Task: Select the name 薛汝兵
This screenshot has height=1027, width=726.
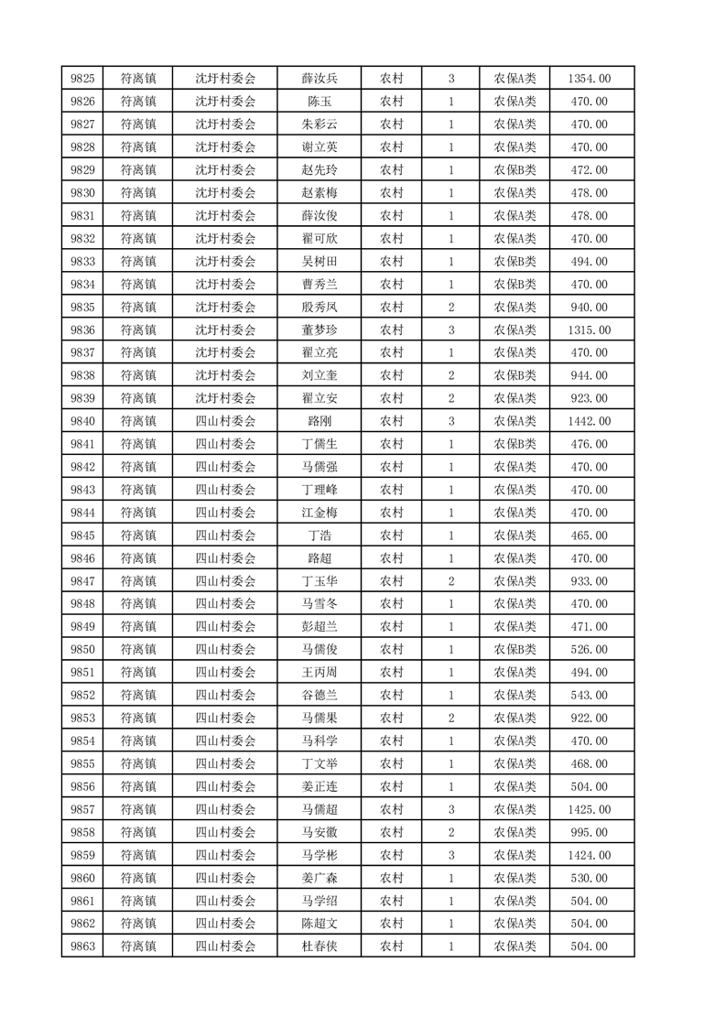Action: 319,79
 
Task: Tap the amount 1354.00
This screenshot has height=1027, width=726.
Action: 590,79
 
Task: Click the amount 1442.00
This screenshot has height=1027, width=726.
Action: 590,421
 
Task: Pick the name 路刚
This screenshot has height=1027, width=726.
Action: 319,421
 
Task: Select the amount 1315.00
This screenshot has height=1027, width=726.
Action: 590,330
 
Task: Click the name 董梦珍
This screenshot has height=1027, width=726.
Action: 319,330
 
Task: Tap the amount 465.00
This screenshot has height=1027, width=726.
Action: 590,535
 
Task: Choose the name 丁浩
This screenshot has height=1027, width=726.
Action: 319,535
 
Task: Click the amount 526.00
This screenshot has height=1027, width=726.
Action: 590,650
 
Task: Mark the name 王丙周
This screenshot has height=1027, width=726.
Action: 319,673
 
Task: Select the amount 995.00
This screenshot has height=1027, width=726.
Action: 590,832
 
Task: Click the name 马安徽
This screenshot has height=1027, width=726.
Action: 319,832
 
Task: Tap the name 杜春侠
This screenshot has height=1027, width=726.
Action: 319,946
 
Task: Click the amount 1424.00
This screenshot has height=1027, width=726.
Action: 590,855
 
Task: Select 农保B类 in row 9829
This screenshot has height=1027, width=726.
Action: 515,170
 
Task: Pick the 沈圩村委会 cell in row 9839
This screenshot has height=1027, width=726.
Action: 225,398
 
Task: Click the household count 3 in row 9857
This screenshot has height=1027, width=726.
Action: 451,809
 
